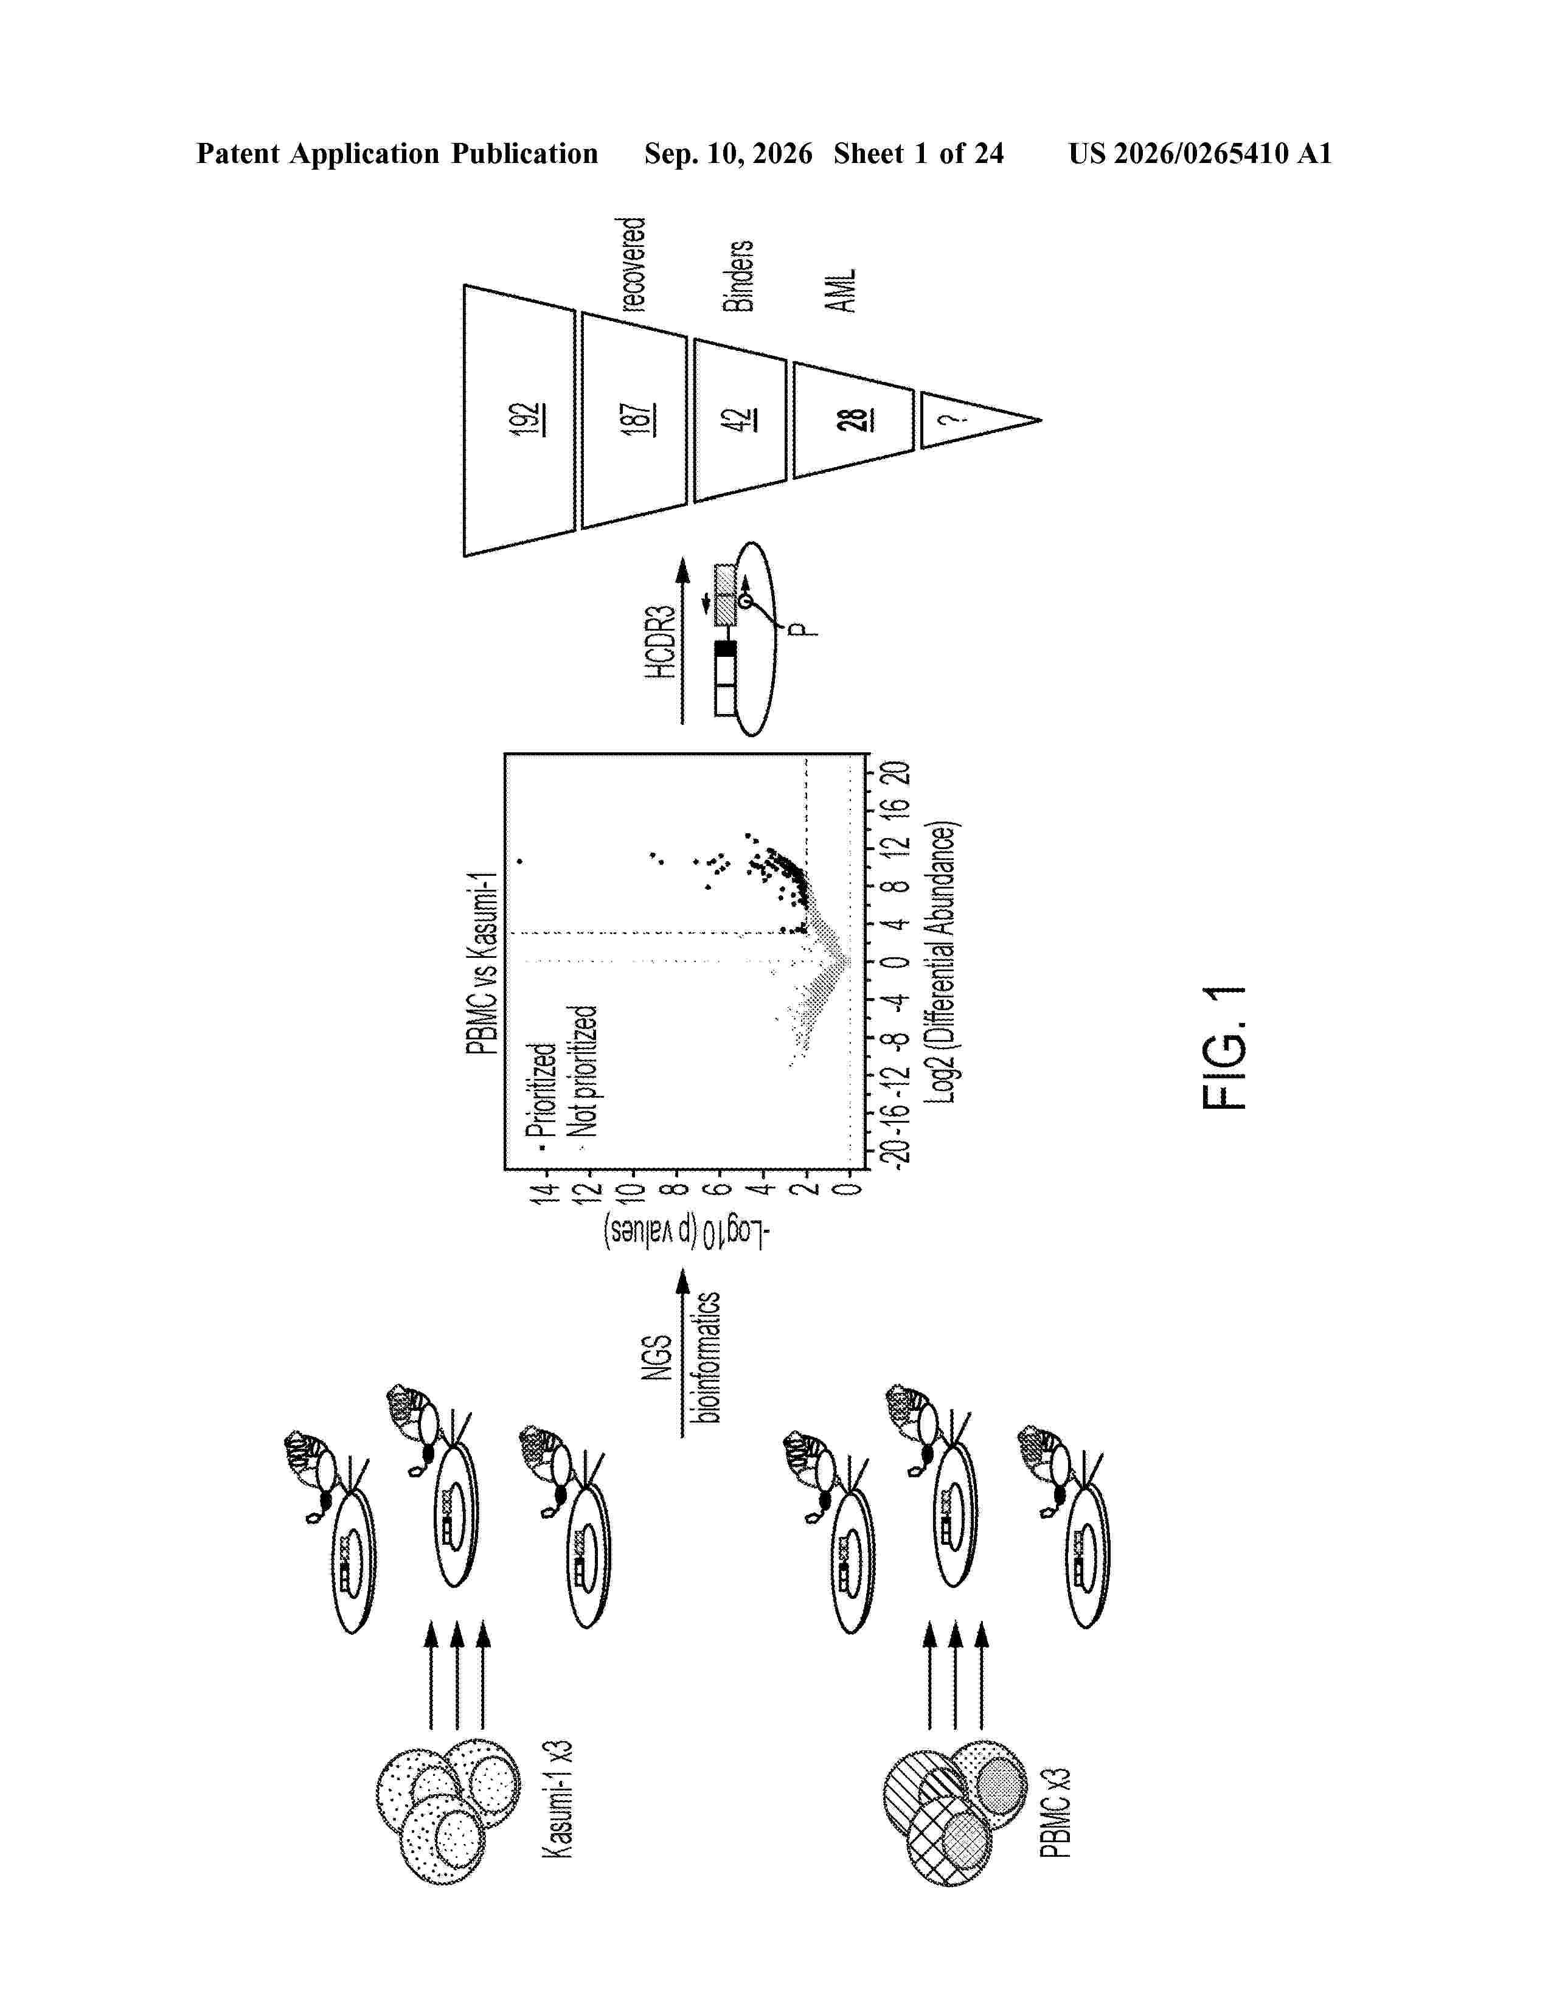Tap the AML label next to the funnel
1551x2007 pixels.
(x=842, y=290)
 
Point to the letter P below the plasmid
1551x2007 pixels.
(x=802, y=629)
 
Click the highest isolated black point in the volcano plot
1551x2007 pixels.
(x=520, y=861)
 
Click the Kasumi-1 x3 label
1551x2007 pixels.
(x=557, y=1798)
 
